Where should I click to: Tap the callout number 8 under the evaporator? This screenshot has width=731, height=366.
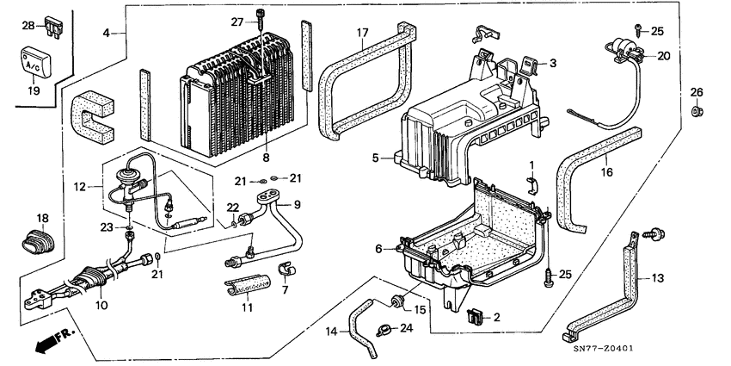coord(266,158)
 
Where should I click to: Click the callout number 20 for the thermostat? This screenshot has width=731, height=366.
coord(663,55)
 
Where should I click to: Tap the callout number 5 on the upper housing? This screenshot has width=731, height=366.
coord(376,158)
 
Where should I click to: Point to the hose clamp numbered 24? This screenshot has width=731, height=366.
coord(384,326)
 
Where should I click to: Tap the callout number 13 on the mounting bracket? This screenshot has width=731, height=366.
coord(656,277)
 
